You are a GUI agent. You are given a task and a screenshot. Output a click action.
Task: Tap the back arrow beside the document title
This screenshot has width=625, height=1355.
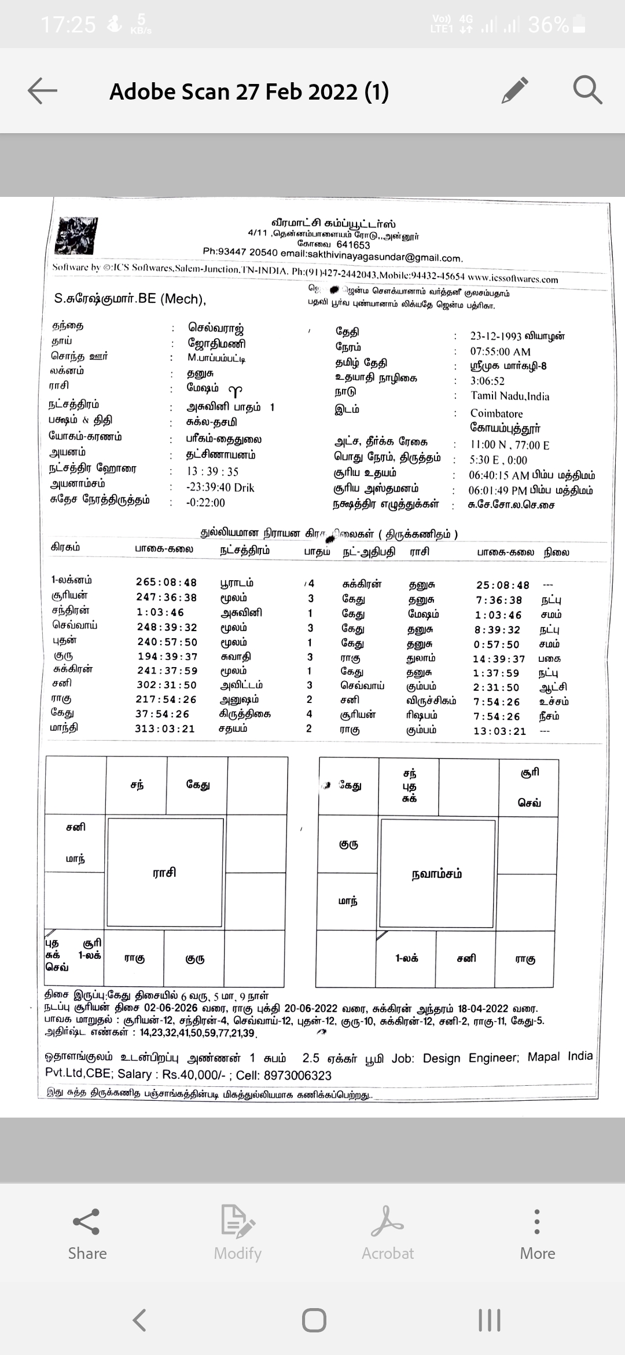[42, 91]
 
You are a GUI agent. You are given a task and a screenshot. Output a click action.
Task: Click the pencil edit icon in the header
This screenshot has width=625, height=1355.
[515, 90]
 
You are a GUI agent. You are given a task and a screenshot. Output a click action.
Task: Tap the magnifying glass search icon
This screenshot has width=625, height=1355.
[587, 90]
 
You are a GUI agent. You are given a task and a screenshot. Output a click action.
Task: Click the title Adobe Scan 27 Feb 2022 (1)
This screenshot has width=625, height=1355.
[249, 91]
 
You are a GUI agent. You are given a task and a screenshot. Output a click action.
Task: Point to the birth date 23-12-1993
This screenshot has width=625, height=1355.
[495, 336]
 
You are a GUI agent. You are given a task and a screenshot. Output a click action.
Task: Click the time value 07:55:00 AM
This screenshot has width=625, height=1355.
[500, 351]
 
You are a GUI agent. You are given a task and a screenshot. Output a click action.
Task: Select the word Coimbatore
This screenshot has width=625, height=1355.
[496, 413]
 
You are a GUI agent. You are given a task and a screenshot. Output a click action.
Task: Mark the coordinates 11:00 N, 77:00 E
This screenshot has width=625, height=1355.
[509, 445]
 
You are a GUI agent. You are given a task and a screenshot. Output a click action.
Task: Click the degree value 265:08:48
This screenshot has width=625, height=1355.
[166, 583]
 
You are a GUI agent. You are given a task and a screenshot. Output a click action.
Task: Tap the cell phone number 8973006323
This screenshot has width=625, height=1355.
[297, 1075]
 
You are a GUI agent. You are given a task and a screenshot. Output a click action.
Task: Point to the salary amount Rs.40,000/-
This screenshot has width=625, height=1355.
[194, 1075]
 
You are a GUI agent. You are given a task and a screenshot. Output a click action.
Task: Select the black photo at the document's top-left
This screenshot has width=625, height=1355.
[76, 236]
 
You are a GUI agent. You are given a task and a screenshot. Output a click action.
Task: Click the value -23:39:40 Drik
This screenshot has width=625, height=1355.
[220, 488]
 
